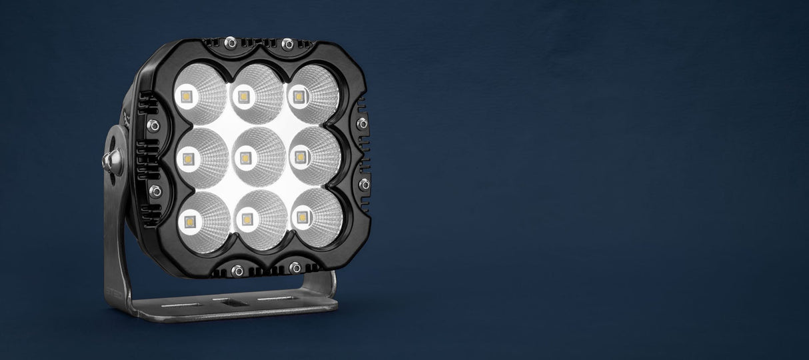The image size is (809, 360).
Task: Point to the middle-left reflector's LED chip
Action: (x=187, y=159)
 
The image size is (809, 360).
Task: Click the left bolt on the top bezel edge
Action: (x=231, y=43)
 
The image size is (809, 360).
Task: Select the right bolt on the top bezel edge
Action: (x=288, y=44)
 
